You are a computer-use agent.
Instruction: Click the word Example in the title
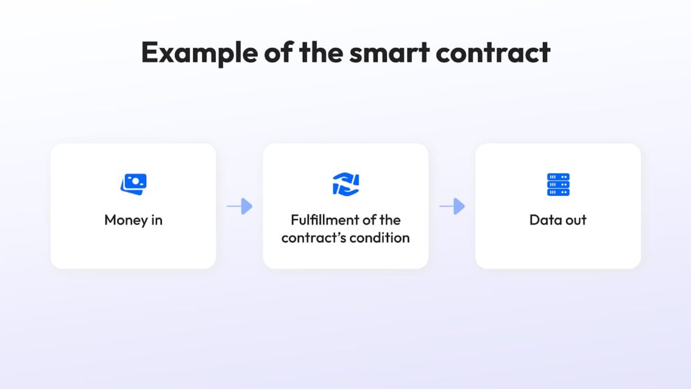(x=199, y=52)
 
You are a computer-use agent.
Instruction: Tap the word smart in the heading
(x=389, y=52)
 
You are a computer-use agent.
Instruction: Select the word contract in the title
(x=493, y=52)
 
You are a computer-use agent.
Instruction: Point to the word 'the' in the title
(x=321, y=52)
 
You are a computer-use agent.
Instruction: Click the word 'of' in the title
(x=278, y=52)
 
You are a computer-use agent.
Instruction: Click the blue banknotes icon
(x=133, y=184)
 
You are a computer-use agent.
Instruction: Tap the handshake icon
(x=346, y=184)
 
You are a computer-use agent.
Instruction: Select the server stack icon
(x=558, y=184)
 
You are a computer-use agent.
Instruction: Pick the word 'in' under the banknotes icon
(x=157, y=219)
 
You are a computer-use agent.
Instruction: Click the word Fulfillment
(x=324, y=219)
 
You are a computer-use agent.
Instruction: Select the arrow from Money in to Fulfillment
(x=239, y=206)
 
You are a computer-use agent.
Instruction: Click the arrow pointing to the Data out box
(x=452, y=206)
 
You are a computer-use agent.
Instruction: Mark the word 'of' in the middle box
(x=369, y=219)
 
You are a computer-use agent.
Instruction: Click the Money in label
(x=133, y=220)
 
